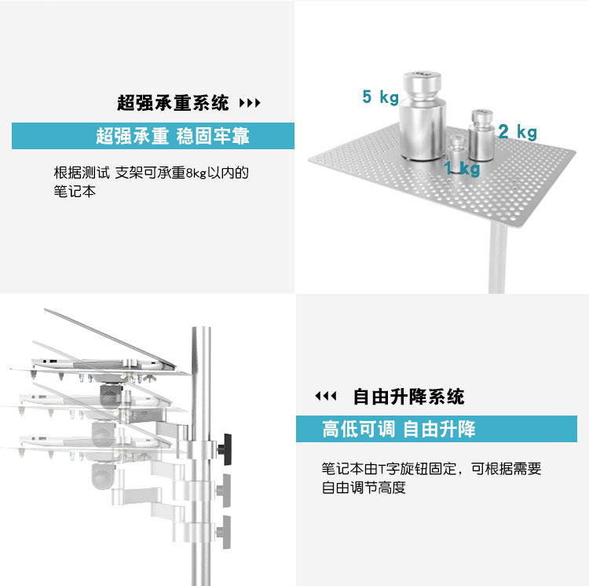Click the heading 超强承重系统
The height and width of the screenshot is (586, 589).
coord(173,103)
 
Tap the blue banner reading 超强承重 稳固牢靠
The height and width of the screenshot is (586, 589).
coord(153,136)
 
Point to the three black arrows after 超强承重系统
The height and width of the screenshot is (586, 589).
coord(250,103)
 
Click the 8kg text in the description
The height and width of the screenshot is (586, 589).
coord(196,173)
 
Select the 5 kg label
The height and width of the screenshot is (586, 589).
coord(380,97)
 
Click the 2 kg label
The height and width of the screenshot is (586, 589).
coord(518,132)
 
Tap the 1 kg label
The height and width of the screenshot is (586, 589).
coord(462,168)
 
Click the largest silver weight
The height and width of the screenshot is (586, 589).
coord(423,115)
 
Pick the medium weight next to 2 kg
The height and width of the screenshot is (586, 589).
coord(481,135)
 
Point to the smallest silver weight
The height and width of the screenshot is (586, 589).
coord(458,154)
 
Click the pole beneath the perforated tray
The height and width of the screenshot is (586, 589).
coord(497,258)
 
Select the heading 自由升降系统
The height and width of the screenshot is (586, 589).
coord(408,397)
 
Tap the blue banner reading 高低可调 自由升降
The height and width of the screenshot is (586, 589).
coord(437,429)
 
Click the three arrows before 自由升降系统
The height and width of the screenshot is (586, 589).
coord(326,396)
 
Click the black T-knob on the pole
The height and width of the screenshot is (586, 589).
coord(225,449)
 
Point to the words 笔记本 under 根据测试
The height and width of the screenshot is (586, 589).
coord(75,191)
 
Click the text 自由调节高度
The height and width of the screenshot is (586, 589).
coord(364,488)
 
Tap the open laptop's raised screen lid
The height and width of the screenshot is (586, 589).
coord(110,337)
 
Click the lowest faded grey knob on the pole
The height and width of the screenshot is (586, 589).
coord(224,532)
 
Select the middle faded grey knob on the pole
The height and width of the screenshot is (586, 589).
coord(224,490)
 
